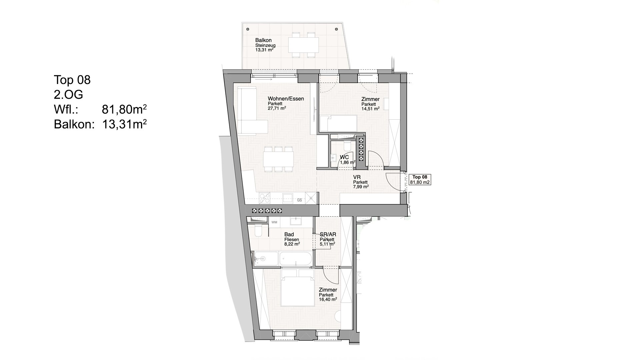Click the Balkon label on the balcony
pos(263,40)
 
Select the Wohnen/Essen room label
pos(286,99)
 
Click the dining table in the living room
pos(278,159)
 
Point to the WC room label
pos(344,157)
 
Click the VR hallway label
pos(357,178)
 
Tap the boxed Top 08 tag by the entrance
pos(420,180)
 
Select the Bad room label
pos(289,235)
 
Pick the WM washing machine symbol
pos(274,222)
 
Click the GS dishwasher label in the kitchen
pos(299,200)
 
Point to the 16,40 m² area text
pos(328,299)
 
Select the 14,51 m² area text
pos(370,108)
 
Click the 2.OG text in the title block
pos(68,95)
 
